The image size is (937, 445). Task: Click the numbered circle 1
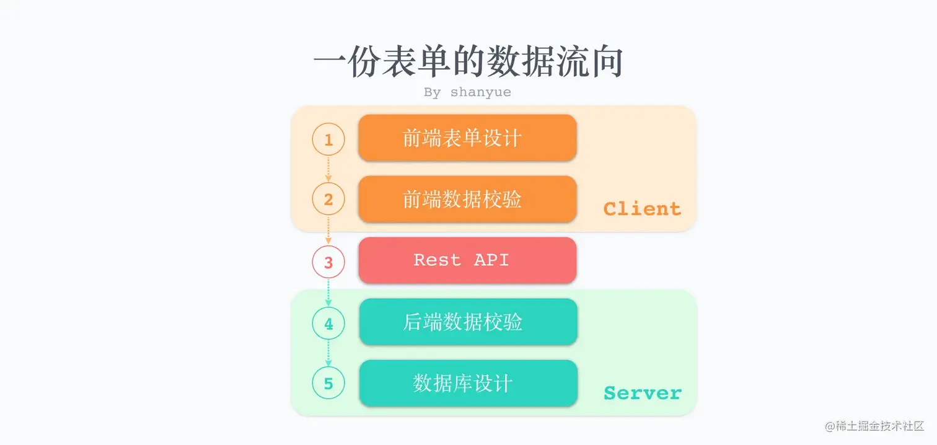click(328, 139)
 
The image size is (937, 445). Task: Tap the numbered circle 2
click(328, 200)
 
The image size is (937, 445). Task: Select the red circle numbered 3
click(328, 262)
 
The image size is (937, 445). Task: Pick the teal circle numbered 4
click(328, 323)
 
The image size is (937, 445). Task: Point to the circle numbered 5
click(328, 384)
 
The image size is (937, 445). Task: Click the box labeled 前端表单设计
click(467, 138)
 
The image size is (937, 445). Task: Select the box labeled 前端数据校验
click(467, 199)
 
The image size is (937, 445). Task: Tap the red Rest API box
click(467, 260)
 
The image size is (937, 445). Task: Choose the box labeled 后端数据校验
click(468, 322)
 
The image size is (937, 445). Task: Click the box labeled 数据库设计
click(468, 383)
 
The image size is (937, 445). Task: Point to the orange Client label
click(642, 209)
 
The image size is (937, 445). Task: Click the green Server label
click(642, 393)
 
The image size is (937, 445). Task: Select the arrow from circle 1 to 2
click(328, 169)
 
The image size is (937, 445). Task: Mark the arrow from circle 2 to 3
click(328, 230)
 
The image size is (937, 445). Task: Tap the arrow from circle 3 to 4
click(328, 292)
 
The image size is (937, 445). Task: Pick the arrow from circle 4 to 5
click(328, 353)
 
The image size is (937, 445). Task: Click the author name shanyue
click(481, 92)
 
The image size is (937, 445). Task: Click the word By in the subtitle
click(432, 92)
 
